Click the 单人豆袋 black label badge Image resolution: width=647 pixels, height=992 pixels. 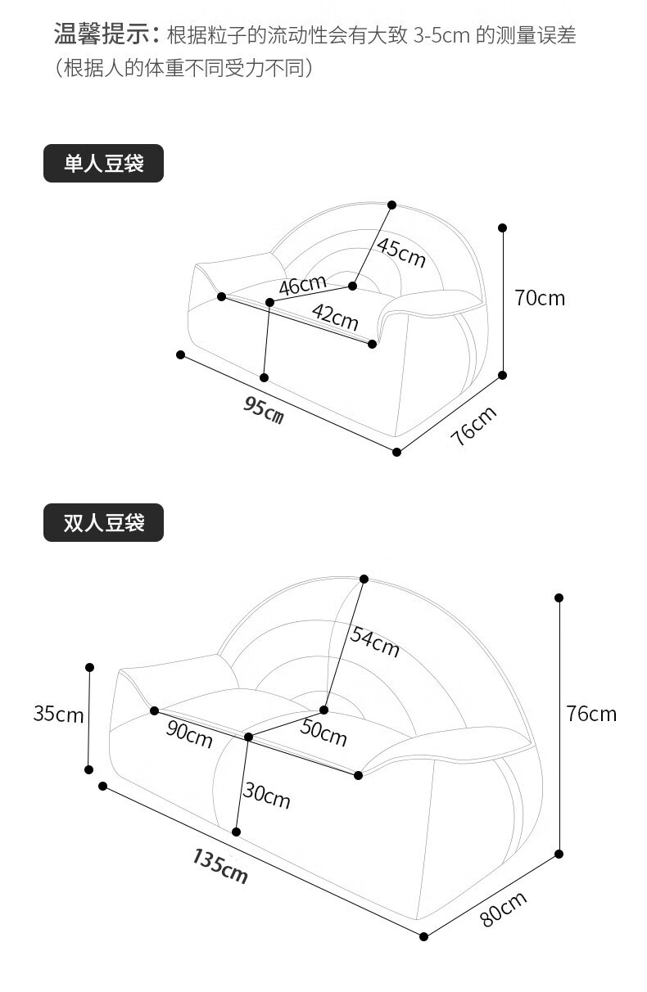coord(103,163)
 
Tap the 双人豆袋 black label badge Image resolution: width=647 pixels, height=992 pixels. coord(103,522)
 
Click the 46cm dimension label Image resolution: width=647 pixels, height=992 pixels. coord(302,286)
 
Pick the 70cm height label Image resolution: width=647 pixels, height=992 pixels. coord(540,298)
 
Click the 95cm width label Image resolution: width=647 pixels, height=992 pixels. coord(264,408)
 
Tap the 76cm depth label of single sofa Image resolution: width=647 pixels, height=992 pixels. coord(473,426)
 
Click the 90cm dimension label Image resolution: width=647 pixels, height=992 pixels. coord(189,733)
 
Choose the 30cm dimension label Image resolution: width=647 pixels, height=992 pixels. coord(266,795)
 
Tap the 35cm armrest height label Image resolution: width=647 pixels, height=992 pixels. coord(58,714)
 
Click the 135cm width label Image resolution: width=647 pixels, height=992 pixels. coord(220,865)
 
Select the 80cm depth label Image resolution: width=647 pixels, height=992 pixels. coord(503,909)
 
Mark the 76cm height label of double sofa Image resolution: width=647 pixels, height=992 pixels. coord(591,714)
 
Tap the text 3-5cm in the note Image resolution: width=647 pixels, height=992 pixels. coord(441,36)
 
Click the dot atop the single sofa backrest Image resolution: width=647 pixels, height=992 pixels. coord(391,205)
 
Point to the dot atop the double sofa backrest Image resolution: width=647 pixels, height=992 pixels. coord(364,579)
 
